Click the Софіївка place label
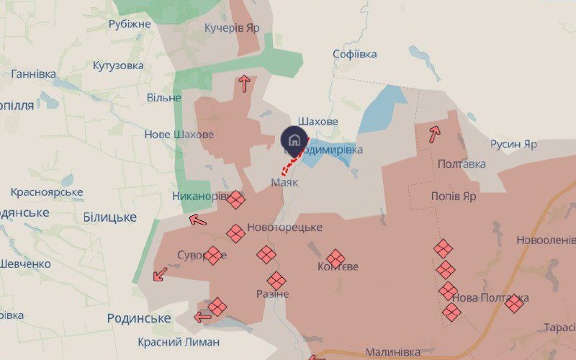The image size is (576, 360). click(x=356, y=54)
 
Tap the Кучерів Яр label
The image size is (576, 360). click(x=231, y=28)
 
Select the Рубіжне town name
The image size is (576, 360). click(x=130, y=24)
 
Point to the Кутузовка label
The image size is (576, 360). click(x=117, y=66)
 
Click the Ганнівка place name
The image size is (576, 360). click(x=33, y=74)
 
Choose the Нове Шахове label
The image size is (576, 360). click(x=179, y=135)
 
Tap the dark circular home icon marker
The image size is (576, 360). click(x=294, y=140)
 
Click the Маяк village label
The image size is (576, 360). click(x=284, y=182)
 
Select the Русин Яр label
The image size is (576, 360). click(x=513, y=144)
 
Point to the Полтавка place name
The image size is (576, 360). click(x=462, y=164)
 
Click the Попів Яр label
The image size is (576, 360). click(x=454, y=196)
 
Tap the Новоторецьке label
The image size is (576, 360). click(x=284, y=228)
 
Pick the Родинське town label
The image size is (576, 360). click(x=138, y=318)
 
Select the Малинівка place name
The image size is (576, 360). click(x=393, y=352)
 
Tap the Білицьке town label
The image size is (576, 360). click(x=109, y=217)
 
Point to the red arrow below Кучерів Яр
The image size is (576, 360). click(x=244, y=84)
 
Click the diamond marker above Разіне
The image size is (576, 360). click(x=276, y=281)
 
